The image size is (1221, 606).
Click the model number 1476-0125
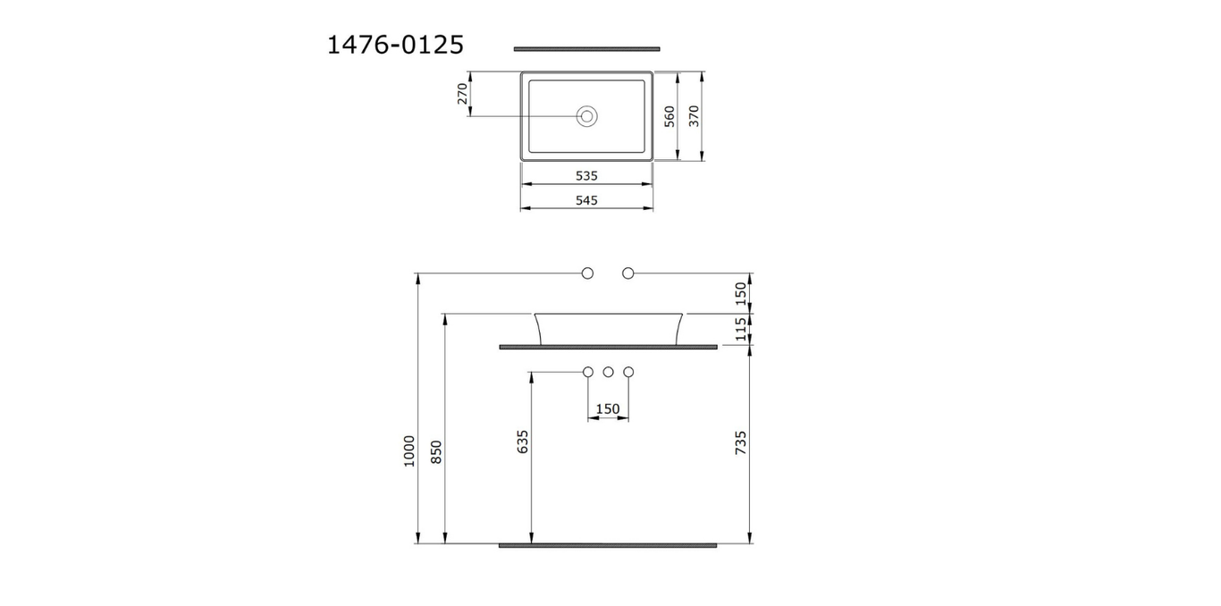[395, 44]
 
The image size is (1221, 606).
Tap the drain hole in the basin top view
[587, 116]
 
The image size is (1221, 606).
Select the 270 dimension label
[462, 94]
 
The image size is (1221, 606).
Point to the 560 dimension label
[669, 116]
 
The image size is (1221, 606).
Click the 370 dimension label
[694, 116]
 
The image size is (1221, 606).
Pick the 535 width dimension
[586, 176]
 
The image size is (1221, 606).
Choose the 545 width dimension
[586, 200]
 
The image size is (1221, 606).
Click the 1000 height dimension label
[408, 451]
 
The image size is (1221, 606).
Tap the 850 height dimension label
[436, 451]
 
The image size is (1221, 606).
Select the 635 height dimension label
[522, 442]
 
